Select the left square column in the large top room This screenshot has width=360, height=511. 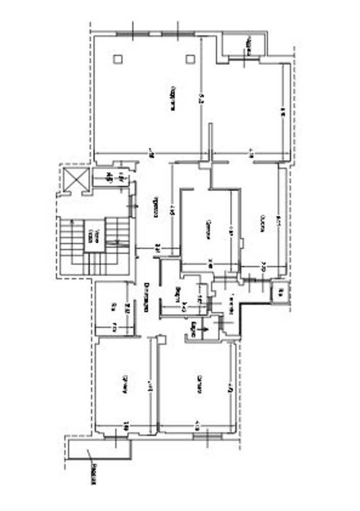(x=118, y=59)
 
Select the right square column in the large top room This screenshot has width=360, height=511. (x=190, y=59)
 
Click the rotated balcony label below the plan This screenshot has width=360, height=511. (x=93, y=475)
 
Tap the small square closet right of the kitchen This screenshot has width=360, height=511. (x=280, y=292)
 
